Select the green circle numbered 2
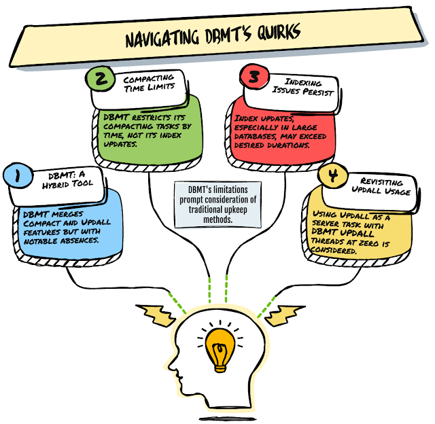coord(100,79)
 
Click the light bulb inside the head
coord(220,346)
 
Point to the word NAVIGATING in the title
coord(160,39)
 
